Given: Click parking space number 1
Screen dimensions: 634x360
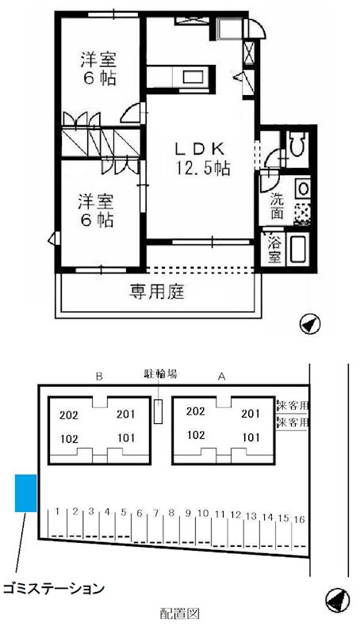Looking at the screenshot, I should (59, 511).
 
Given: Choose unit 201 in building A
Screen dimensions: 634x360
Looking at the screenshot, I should (251, 413).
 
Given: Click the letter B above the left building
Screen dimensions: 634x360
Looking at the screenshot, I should (98, 377).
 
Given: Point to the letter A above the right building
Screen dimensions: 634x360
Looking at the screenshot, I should (223, 377).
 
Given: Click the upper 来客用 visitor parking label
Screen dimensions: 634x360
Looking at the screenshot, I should (293, 406).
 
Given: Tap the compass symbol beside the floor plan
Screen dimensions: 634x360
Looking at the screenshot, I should (310, 323).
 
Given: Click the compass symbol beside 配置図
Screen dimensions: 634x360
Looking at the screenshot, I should (336, 600).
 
